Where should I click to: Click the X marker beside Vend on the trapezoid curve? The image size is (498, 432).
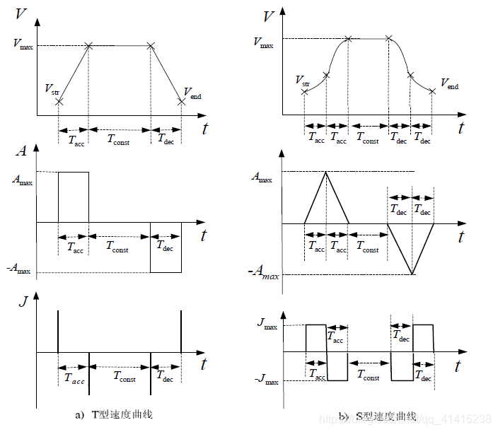click(x=182, y=101)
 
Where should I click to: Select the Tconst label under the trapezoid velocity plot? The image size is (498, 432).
click(x=119, y=140)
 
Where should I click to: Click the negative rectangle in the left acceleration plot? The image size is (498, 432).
click(x=166, y=247)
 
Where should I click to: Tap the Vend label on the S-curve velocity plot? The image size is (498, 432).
click(x=449, y=85)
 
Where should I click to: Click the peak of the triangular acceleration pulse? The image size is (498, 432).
click(x=326, y=172)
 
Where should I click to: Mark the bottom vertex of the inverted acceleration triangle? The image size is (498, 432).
click(x=412, y=274)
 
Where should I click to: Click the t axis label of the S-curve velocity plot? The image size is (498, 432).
click(x=461, y=128)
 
